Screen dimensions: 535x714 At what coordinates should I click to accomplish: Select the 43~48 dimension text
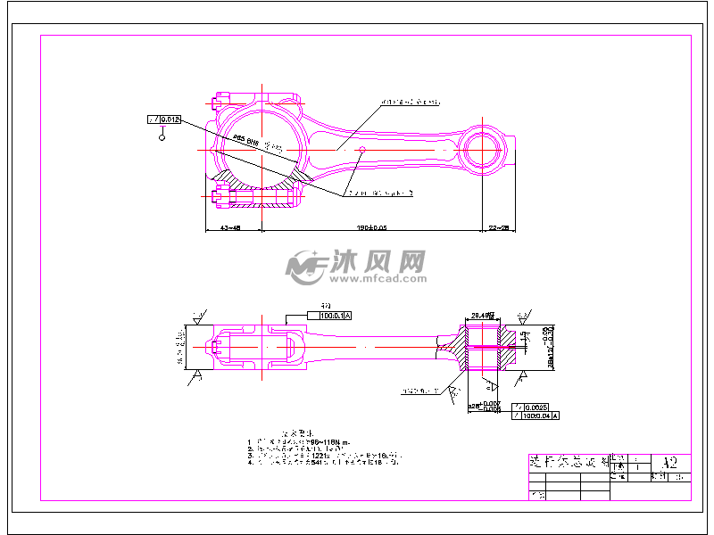tap(230, 228)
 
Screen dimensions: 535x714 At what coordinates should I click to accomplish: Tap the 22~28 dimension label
tap(497, 228)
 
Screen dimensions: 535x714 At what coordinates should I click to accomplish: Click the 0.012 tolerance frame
tap(165, 119)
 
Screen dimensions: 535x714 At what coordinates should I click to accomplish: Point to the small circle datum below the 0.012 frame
tap(162, 137)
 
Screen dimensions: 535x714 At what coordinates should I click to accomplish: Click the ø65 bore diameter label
tap(245, 140)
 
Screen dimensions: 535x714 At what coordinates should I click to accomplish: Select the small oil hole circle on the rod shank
tap(361, 152)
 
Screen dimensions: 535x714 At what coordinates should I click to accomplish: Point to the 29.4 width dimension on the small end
tap(483, 314)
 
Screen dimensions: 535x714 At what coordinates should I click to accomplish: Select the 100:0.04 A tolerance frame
tap(536, 416)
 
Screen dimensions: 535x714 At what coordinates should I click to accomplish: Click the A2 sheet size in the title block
tap(670, 464)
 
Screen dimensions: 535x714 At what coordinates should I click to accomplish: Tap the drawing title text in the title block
tap(568, 464)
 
